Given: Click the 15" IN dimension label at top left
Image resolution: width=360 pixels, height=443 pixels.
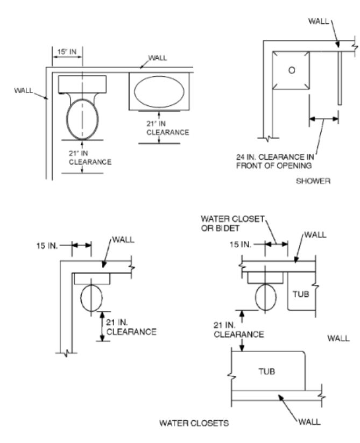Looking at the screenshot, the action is click(x=67, y=52).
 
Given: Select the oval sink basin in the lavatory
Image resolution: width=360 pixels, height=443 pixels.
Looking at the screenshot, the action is click(x=159, y=91).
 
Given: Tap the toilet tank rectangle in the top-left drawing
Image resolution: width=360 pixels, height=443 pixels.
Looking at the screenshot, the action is click(x=82, y=84).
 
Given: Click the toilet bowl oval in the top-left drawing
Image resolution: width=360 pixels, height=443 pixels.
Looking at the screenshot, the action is click(x=82, y=119).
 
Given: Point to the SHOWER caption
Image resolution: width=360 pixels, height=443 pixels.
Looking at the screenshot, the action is click(x=313, y=181).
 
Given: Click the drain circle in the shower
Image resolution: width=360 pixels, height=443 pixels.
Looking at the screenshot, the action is click(x=292, y=70).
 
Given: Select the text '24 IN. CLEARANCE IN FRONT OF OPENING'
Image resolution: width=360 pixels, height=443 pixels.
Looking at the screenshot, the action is click(x=275, y=161).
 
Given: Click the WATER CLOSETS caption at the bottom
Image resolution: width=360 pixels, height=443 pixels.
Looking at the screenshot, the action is click(x=194, y=423).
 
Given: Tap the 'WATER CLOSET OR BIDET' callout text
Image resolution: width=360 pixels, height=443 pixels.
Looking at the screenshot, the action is click(x=232, y=224).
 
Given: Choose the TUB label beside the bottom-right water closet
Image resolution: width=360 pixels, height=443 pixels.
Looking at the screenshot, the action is click(x=301, y=294).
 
